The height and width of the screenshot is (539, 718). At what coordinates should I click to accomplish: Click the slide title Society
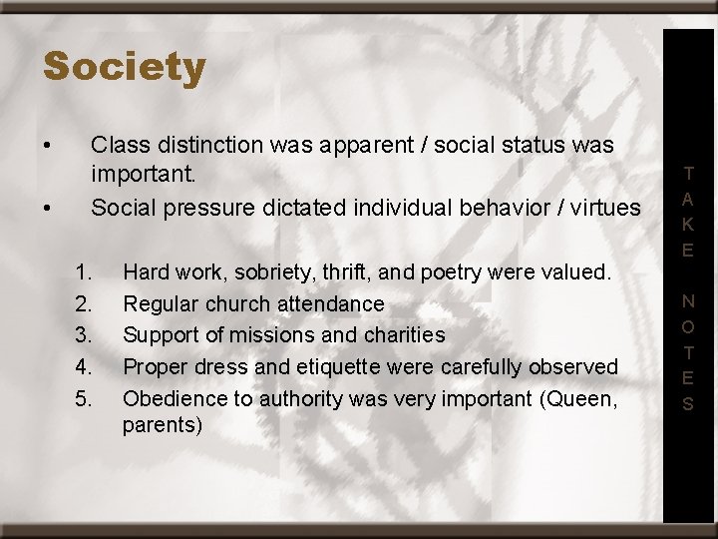pyautogui.click(x=125, y=68)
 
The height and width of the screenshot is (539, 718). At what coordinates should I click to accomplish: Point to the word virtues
pyautogui.click(x=606, y=208)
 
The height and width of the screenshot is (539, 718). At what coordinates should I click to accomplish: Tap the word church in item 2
pyautogui.click(x=228, y=303)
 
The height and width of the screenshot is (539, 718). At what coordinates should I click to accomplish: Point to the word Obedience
pyautogui.click(x=170, y=399)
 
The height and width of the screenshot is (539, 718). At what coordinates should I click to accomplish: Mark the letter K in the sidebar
pyautogui.click(x=688, y=225)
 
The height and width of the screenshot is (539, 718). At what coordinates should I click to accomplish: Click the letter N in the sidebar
pyautogui.click(x=688, y=301)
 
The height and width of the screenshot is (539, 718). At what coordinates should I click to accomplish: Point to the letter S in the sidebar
pyautogui.click(x=688, y=404)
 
